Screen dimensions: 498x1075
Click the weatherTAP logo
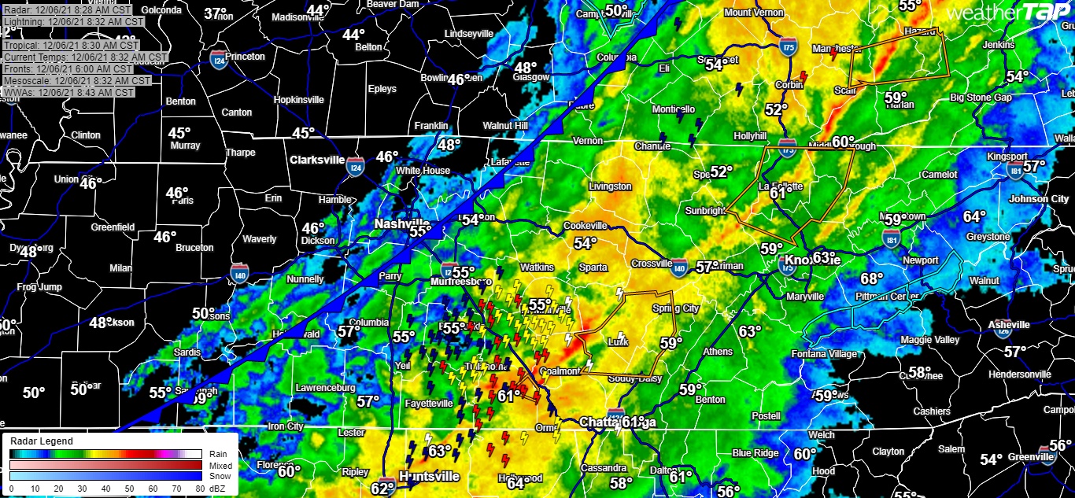[x=1008, y=13]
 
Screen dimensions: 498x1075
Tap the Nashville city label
[x=401, y=223]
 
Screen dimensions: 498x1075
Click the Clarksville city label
[x=317, y=160]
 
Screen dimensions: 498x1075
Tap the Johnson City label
[x=1039, y=199]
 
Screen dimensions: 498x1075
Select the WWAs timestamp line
[x=68, y=92]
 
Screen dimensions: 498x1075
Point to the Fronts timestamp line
[x=68, y=69]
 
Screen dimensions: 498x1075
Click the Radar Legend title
[x=41, y=441]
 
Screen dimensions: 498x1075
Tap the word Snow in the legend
[x=220, y=476]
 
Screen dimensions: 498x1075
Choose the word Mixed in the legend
[x=220, y=465]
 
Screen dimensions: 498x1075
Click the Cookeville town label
[x=586, y=226]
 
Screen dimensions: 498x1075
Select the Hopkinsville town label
[x=298, y=100]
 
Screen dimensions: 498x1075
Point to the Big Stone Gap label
[x=981, y=98]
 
